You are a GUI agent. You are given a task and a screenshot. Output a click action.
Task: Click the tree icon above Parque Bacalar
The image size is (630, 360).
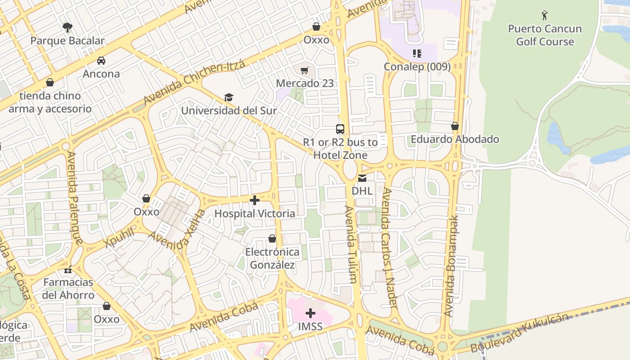[67, 27]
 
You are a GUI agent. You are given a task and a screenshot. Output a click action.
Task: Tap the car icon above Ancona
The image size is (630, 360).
[101, 61]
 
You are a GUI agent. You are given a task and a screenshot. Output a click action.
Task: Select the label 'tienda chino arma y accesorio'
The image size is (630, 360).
[50, 102]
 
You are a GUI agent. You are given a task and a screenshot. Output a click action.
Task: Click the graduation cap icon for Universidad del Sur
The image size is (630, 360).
[229, 98]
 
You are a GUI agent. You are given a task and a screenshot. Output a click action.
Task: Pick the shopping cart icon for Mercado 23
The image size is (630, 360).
[305, 70]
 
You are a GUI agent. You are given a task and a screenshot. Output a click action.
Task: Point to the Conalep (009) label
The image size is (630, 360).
[417, 67]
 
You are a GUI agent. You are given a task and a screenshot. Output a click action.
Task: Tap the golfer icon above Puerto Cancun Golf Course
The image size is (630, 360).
[544, 16]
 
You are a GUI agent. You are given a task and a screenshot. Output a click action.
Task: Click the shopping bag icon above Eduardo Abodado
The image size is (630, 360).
[455, 126]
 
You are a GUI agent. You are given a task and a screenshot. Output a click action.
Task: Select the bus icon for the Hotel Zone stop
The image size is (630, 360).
[340, 129]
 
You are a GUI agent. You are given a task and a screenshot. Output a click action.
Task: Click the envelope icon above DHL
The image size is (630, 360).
[362, 178]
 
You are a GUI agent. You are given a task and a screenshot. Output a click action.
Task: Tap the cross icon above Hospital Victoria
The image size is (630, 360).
[255, 200]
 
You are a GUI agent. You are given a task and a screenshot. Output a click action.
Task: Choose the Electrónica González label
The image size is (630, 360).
[272, 258]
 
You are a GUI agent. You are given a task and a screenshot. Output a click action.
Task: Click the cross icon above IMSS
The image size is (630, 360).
[310, 313]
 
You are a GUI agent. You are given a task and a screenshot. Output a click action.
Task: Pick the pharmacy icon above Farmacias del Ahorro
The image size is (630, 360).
[68, 270]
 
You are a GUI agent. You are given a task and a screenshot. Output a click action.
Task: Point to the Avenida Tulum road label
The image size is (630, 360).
[351, 244]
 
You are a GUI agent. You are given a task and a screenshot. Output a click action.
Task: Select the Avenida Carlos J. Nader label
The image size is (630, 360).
[388, 247]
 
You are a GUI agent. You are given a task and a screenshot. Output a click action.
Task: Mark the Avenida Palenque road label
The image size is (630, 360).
[74, 198]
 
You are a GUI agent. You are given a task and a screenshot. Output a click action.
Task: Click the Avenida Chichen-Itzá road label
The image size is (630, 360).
[194, 83]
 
